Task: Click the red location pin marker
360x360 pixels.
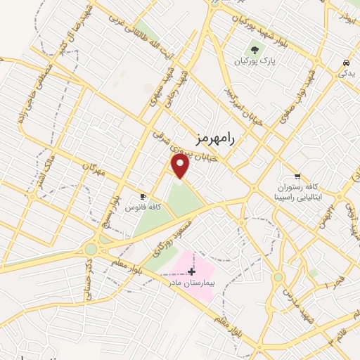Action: pyautogui.click(x=181, y=166)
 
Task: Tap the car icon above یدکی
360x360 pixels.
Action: pyautogui.click(x=346, y=61)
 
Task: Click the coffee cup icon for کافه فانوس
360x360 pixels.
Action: pyautogui.click(x=143, y=196)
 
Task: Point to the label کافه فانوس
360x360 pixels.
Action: pyautogui.click(x=143, y=207)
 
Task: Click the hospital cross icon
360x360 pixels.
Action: pyautogui.click(x=191, y=271)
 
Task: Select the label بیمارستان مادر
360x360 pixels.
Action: pyautogui.click(x=188, y=281)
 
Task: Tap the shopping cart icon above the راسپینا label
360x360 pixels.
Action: pyautogui.click(x=299, y=176)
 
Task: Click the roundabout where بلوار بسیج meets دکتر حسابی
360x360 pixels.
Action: pyautogui.click(x=91, y=250)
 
